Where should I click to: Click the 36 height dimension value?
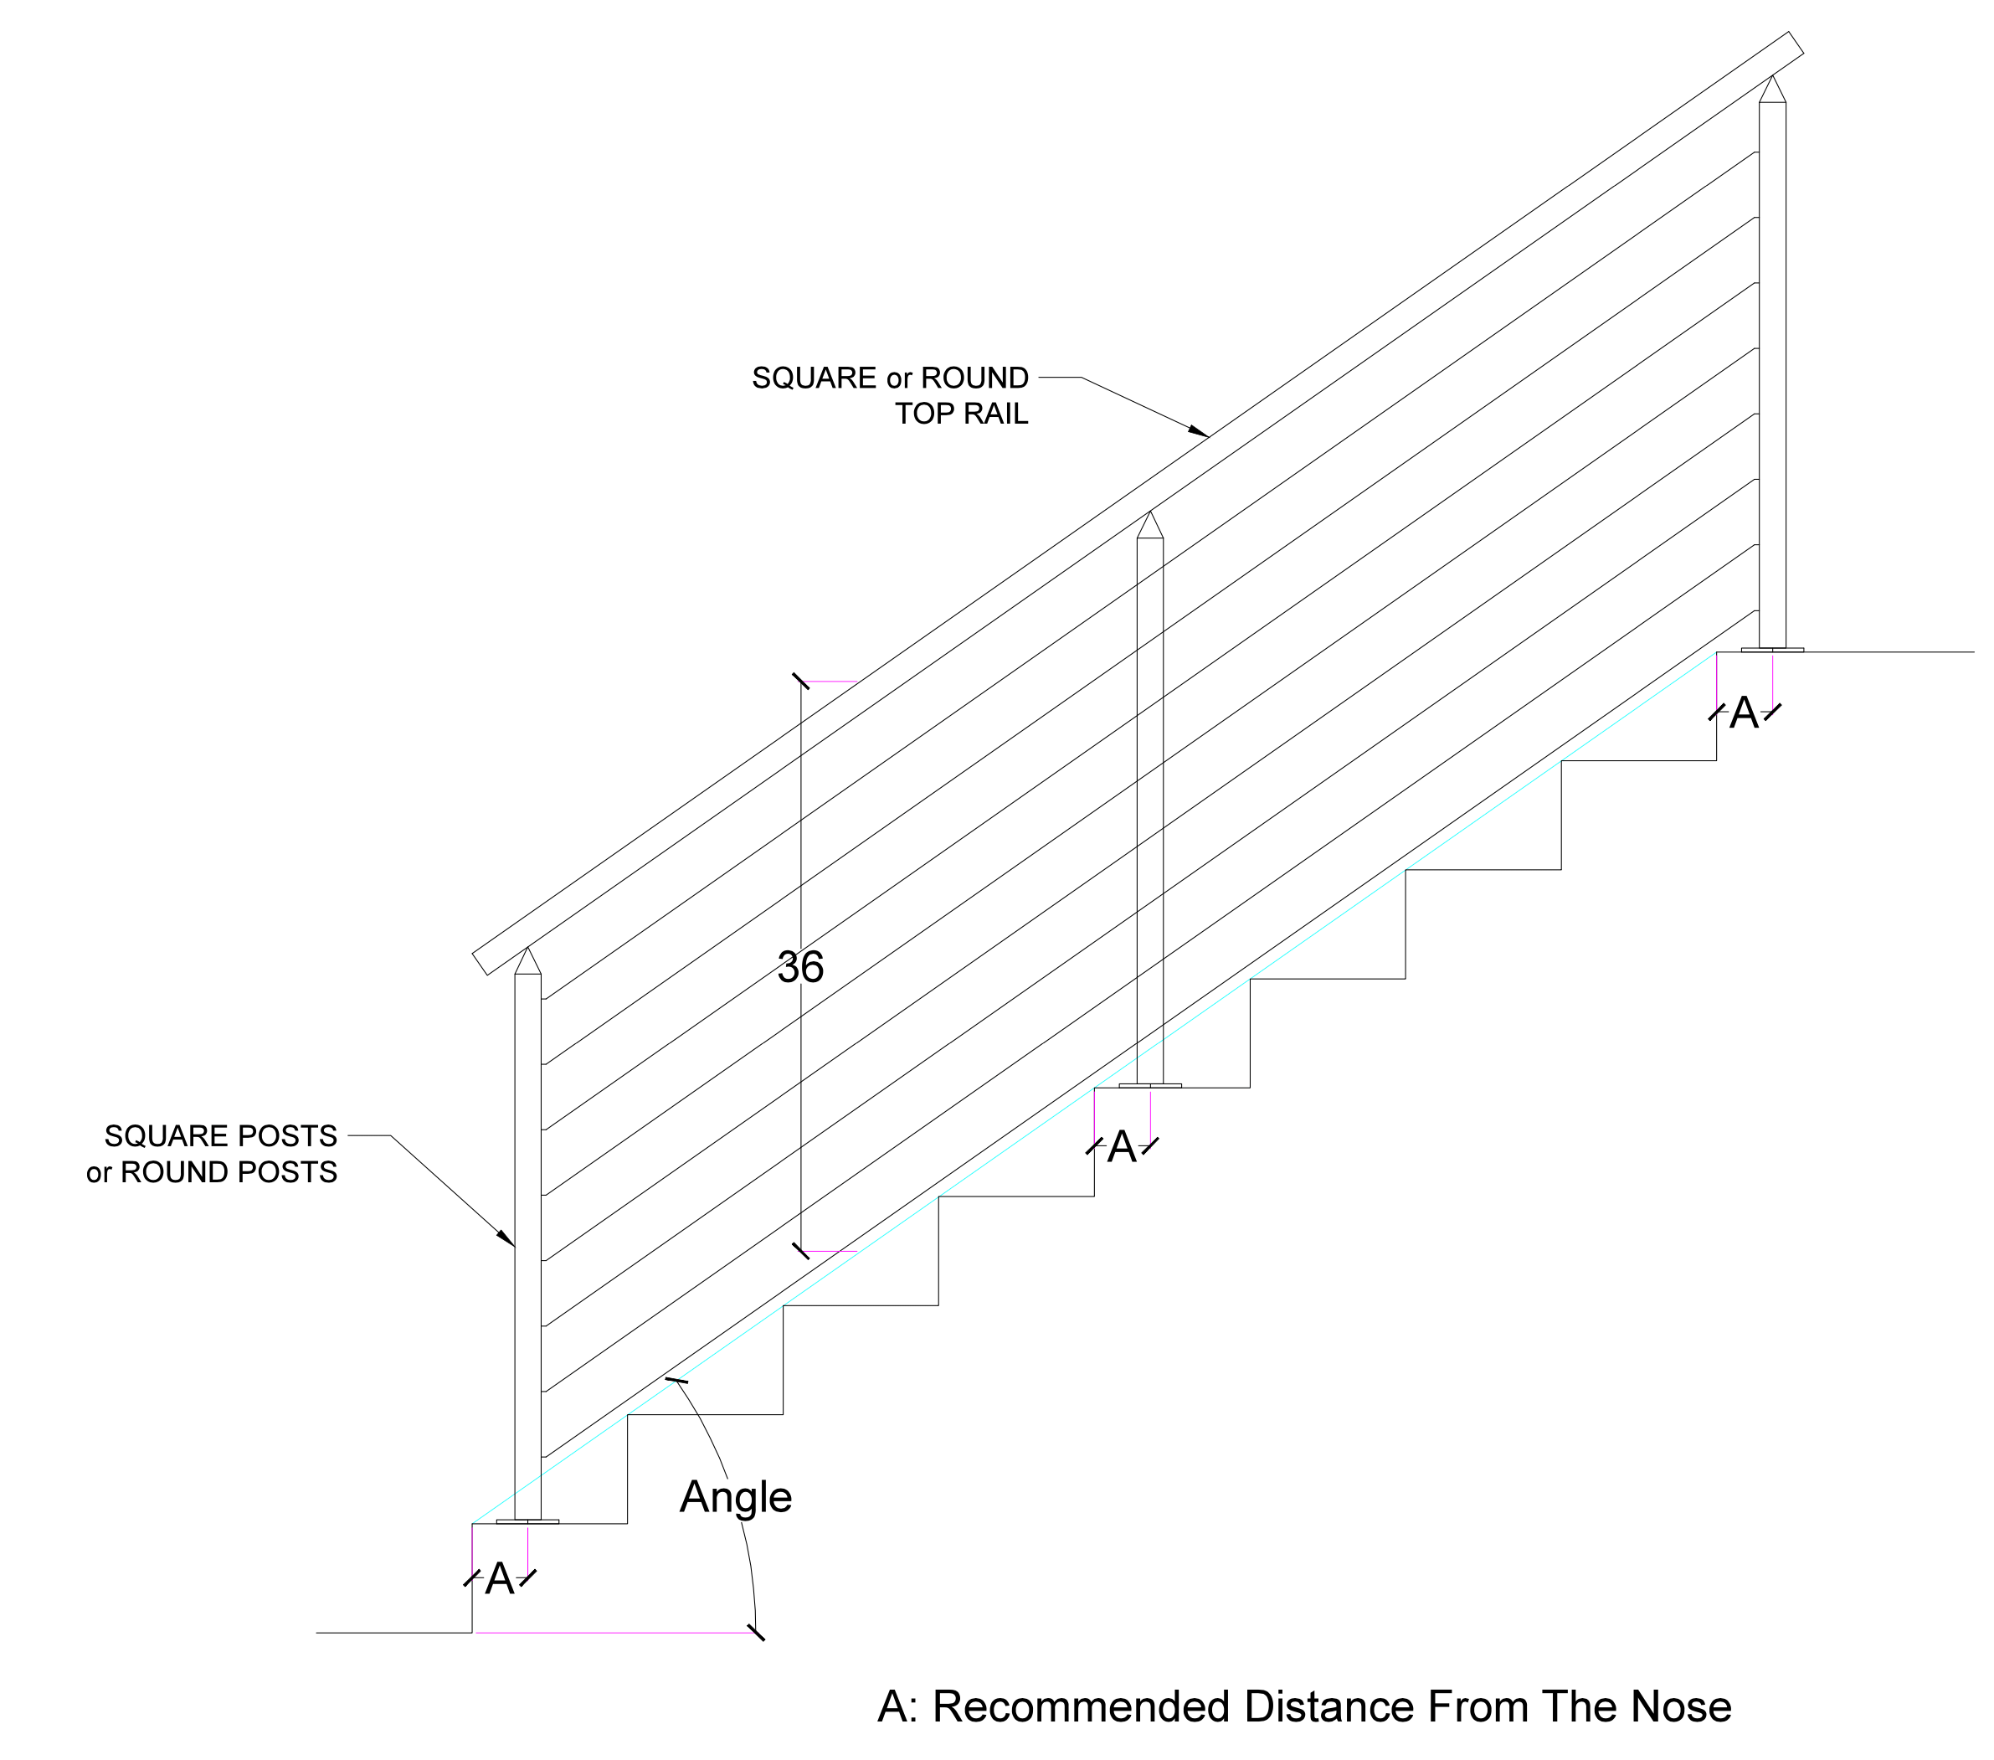pyautogui.click(x=801, y=967)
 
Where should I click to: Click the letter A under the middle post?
pyautogui.click(x=1122, y=1147)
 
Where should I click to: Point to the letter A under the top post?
pyautogui.click(x=1745, y=713)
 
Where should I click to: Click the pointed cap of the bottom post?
pyautogui.click(x=527, y=961)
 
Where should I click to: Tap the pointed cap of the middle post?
pyautogui.click(x=1150, y=525)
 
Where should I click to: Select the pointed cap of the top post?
pyautogui.click(x=1772, y=89)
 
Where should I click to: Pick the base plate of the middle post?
pyautogui.click(x=1150, y=1085)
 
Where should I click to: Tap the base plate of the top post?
pyautogui.click(x=1772, y=650)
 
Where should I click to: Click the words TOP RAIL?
pyautogui.click(x=962, y=414)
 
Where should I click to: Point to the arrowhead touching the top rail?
pyautogui.click(x=1199, y=430)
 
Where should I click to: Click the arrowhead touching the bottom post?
pyautogui.click(x=506, y=1238)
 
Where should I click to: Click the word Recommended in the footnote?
pyautogui.click(x=1081, y=1706)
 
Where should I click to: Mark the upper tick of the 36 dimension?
pyautogui.click(x=801, y=681)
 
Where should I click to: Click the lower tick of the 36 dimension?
pyautogui.click(x=801, y=1251)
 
